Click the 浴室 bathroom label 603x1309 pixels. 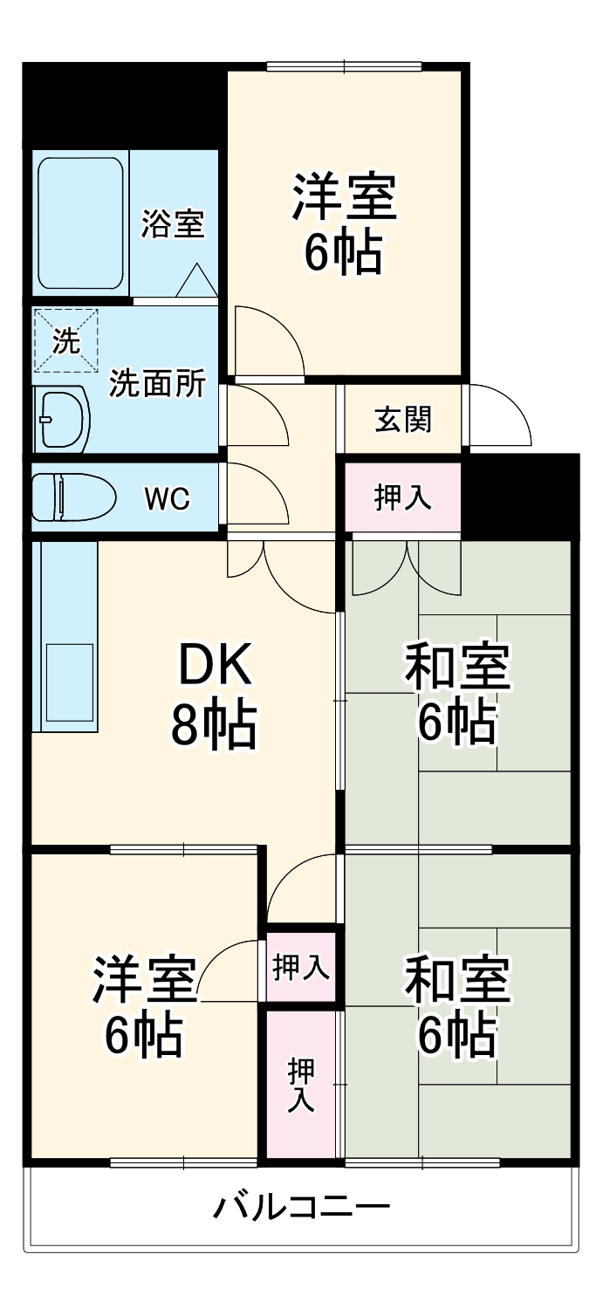pyautogui.click(x=173, y=224)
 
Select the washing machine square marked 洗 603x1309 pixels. pyautogui.click(x=65, y=340)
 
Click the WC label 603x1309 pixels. pyautogui.click(x=167, y=499)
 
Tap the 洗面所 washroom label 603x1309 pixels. pyautogui.click(x=157, y=384)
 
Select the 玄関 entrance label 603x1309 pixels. pyautogui.click(x=402, y=420)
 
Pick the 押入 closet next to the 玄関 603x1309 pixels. pyautogui.click(x=402, y=498)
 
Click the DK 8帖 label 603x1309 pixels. pyautogui.click(x=214, y=694)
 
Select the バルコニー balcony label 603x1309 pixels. pyautogui.click(x=302, y=1207)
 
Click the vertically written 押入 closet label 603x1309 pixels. pyautogui.click(x=302, y=1085)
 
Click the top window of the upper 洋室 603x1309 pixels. pyautogui.click(x=345, y=65)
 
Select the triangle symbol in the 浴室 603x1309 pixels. pyautogui.click(x=197, y=280)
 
